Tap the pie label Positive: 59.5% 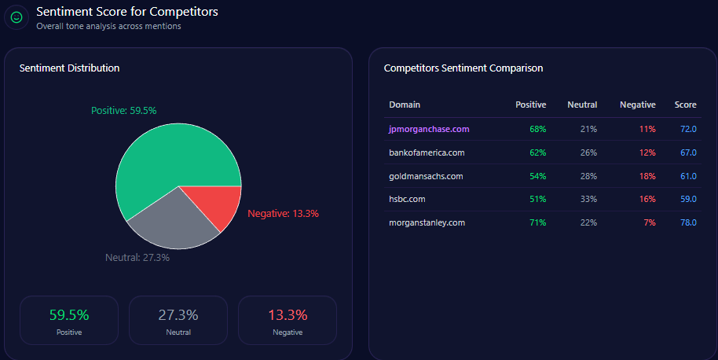click(x=123, y=111)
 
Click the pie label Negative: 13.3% click(x=283, y=214)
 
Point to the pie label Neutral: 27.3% click(x=137, y=257)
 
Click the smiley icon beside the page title click(x=16, y=17)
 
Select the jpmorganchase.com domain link click(x=428, y=129)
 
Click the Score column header click(x=685, y=105)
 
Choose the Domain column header click(x=405, y=105)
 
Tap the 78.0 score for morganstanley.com click(x=688, y=222)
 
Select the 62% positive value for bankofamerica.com click(x=537, y=152)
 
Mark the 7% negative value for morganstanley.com click(x=649, y=222)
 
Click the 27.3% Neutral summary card click(x=178, y=320)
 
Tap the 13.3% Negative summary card click(x=288, y=320)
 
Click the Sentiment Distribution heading click(x=69, y=68)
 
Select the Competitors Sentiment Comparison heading click(x=463, y=68)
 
